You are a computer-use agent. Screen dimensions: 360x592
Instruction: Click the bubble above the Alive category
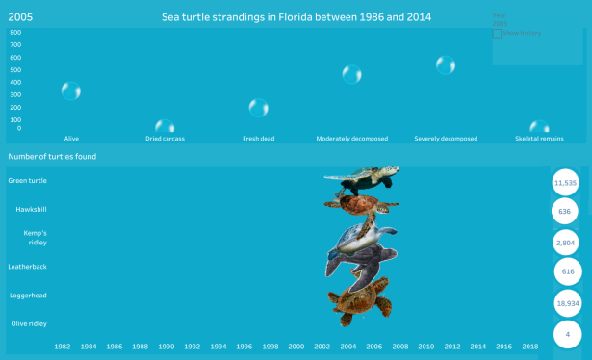click(x=71, y=91)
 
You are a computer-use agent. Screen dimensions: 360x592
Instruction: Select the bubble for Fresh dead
click(x=258, y=108)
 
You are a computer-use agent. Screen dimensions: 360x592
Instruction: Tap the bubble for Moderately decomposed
click(x=352, y=74)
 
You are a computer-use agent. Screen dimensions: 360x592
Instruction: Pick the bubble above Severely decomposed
click(x=446, y=65)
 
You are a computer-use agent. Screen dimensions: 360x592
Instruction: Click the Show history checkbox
click(x=497, y=33)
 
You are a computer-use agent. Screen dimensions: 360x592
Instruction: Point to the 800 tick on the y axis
click(x=15, y=32)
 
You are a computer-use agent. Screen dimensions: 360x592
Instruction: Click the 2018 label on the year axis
click(x=530, y=346)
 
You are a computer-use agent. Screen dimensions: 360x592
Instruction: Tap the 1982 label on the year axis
click(x=62, y=346)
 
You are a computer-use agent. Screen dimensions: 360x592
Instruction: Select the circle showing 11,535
click(x=566, y=182)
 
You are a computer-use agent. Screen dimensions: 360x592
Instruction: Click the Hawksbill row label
click(x=31, y=209)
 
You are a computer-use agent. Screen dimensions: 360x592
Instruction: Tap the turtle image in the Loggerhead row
click(x=360, y=300)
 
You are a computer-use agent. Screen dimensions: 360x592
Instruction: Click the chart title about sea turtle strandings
click(x=296, y=17)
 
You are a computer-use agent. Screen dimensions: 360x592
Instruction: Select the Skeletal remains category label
click(x=539, y=139)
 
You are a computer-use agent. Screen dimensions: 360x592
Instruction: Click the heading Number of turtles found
click(x=52, y=157)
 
